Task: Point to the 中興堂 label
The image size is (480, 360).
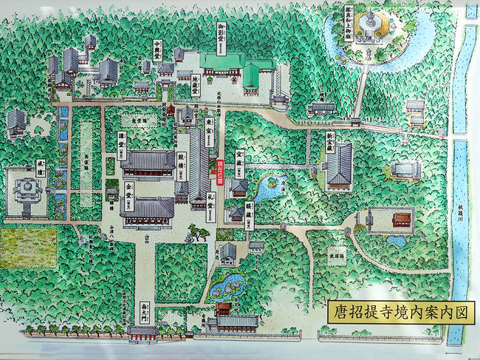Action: pos(157,50)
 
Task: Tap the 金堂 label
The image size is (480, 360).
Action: pos(129,191)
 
